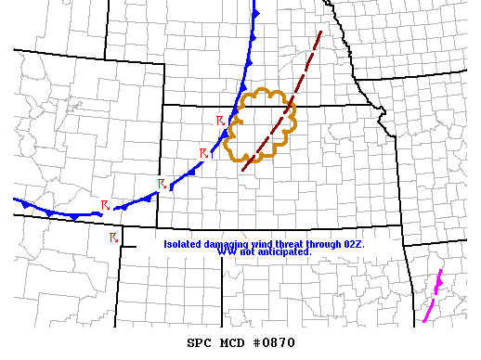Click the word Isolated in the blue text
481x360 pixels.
182,244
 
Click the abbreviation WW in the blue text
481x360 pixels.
224,252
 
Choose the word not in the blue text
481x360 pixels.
245,252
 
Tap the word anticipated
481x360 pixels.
285,252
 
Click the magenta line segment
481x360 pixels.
432,297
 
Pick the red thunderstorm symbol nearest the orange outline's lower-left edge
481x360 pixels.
203,153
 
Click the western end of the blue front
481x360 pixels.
15,199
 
